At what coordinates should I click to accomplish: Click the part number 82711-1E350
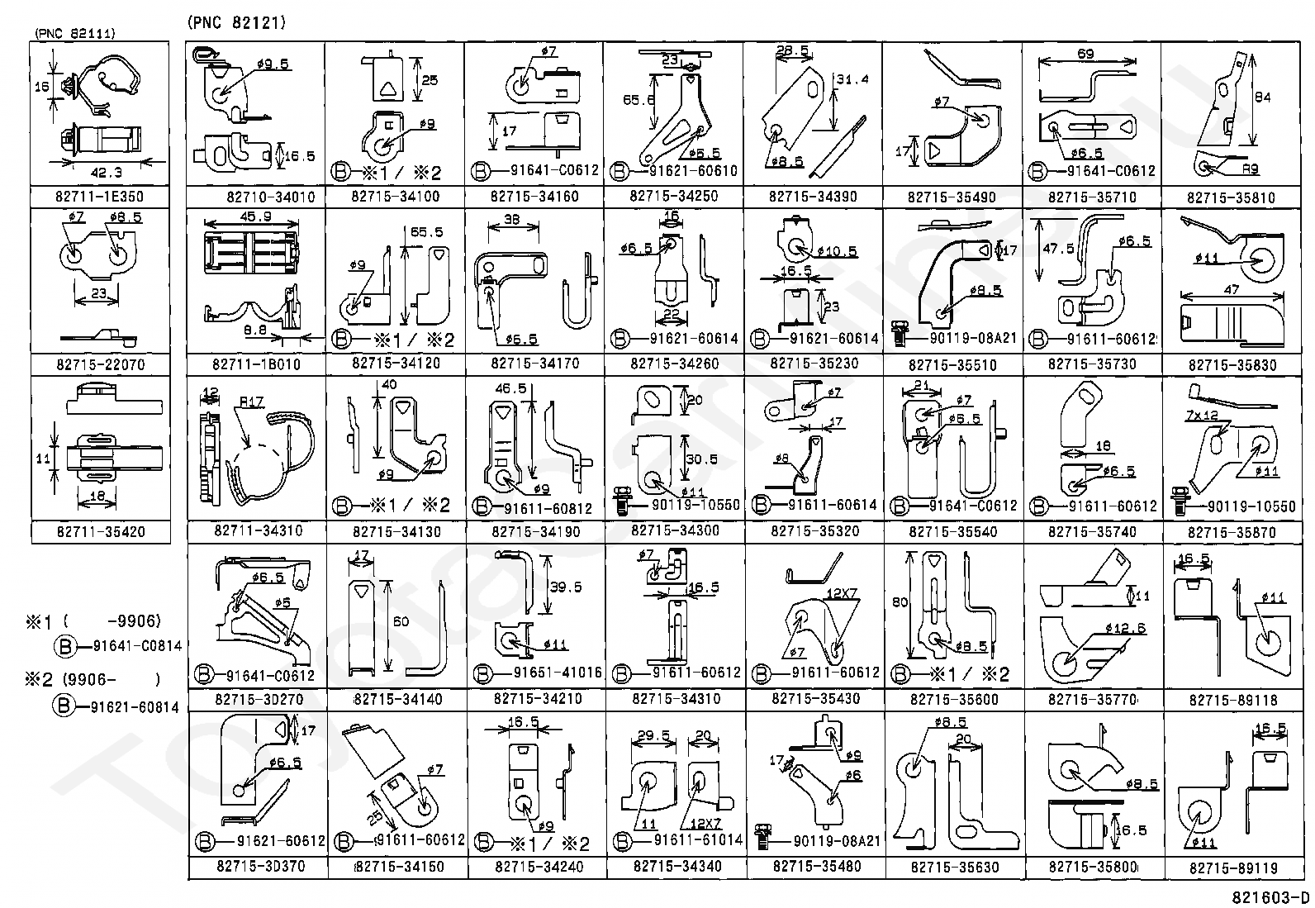coord(101,197)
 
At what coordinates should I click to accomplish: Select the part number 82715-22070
coord(101,364)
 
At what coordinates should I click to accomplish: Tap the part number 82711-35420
coord(101,531)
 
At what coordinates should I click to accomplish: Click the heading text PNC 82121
coord(236,23)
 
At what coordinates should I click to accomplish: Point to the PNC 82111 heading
coord(74,33)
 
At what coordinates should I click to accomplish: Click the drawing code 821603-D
coord(1270,898)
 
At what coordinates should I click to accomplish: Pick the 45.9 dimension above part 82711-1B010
coord(252,216)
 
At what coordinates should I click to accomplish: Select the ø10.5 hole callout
coord(837,251)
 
